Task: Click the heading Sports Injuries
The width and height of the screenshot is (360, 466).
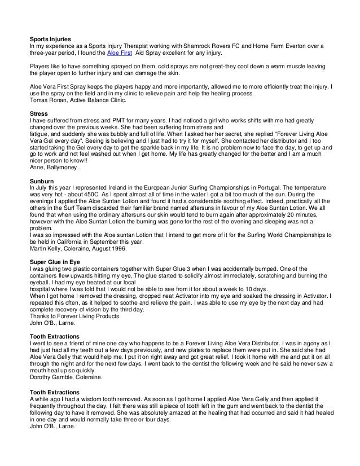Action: (50, 39)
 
